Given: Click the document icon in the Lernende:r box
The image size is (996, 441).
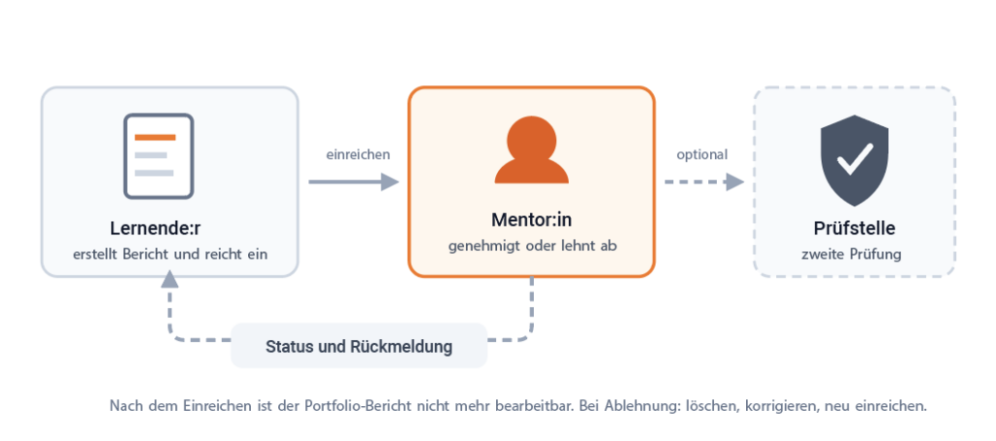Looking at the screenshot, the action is click(x=159, y=156).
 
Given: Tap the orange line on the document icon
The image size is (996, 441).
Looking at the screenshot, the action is click(x=155, y=137).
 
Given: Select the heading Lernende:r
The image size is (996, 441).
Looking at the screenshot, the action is click(x=156, y=228).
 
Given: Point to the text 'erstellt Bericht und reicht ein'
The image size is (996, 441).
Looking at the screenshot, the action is click(x=170, y=254).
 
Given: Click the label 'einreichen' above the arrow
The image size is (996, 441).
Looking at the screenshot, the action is click(x=358, y=154).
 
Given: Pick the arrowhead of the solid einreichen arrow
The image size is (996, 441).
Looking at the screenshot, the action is click(x=390, y=182).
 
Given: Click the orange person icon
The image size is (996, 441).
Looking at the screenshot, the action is click(x=532, y=150).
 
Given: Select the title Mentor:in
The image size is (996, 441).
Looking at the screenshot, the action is click(x=532, y=220).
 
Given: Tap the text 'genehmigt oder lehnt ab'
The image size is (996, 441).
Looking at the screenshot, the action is click(x=532, y=246).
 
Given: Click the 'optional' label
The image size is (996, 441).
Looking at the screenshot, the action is click(x=702, y=154).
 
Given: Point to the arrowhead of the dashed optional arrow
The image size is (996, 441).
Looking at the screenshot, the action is click(x=735, y=182).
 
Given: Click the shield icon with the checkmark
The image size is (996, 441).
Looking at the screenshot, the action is click(x=854, y=160).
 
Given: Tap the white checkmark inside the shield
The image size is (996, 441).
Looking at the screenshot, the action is click(x=855, y=158).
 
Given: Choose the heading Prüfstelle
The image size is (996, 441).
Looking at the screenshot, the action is click(x=854, y=228).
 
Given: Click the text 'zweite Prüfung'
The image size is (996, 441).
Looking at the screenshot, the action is click(x=851, y=254).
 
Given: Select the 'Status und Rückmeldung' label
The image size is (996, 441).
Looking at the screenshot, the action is click(x=359, y=347).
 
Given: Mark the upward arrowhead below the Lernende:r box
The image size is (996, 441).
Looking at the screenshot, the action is click(x=169, y=279).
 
